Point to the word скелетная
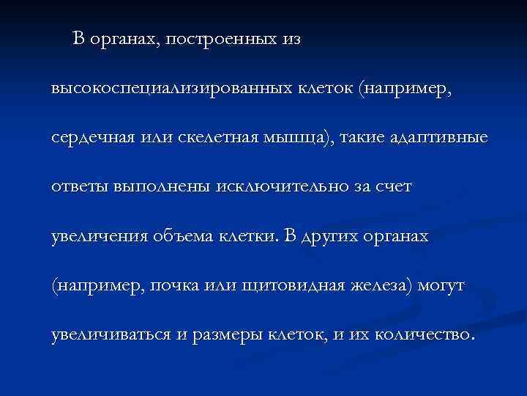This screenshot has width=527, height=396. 212,139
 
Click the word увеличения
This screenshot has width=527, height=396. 97,237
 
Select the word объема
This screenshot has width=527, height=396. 179,237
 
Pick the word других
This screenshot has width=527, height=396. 332,237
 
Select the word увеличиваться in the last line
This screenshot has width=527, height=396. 110,335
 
